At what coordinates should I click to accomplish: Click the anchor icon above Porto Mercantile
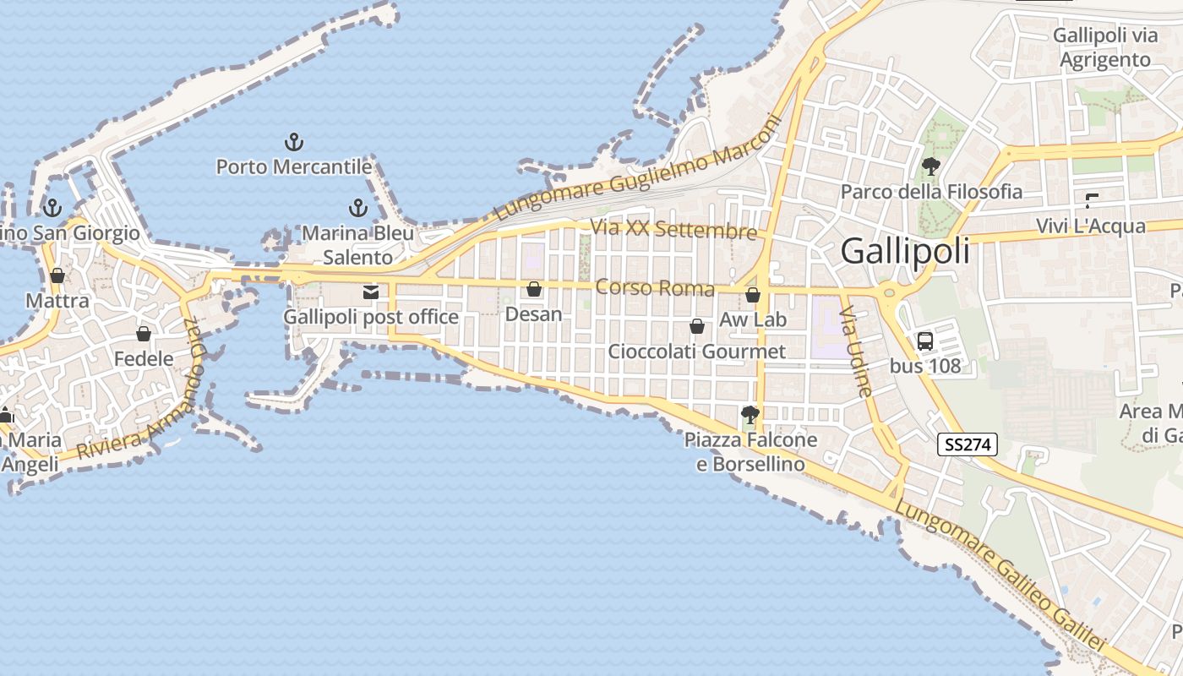294,142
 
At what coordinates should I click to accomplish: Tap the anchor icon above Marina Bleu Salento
358,208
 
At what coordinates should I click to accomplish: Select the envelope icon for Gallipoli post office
370,292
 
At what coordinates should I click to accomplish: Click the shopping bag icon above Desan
534,290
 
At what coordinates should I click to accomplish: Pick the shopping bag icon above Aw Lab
753,295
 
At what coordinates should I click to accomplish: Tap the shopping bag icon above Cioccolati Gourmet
697,326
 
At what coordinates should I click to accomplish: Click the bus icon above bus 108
925,341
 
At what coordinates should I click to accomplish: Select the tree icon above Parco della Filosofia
931,166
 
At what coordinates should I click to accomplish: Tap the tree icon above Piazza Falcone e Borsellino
750,414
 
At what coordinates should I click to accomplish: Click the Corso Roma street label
655,288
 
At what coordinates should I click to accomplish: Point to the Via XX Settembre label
673,229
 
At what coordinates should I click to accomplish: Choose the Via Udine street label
854,351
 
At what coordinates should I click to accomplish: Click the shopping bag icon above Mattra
57,275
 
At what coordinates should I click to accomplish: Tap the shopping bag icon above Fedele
144,334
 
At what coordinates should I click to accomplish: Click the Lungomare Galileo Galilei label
999,575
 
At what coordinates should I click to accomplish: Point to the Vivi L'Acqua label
1091,226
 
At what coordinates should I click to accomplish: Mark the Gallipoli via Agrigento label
1105,47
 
